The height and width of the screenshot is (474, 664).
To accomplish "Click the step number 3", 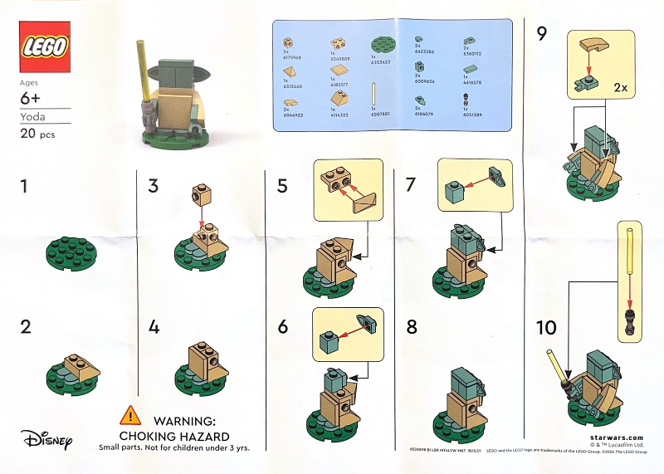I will tap(153, 186).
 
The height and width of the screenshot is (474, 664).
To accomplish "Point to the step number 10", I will tap(546, 328).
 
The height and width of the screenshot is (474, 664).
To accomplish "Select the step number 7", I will tap(410, 186).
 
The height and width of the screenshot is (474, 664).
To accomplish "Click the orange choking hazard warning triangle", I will tap(129, 414).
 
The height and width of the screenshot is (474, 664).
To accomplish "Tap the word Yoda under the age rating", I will tap(33, 117).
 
